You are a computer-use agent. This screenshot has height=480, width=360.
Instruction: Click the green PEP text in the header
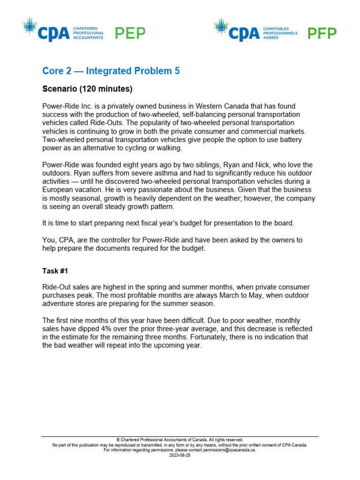coord(130,33)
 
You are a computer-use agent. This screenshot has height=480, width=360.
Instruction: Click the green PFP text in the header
coord(322,33)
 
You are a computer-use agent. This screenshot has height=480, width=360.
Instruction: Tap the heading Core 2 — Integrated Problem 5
coord(111,71)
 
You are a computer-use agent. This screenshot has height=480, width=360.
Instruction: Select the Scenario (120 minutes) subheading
coord(88,89)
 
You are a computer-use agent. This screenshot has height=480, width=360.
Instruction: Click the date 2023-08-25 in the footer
coord(180,455)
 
